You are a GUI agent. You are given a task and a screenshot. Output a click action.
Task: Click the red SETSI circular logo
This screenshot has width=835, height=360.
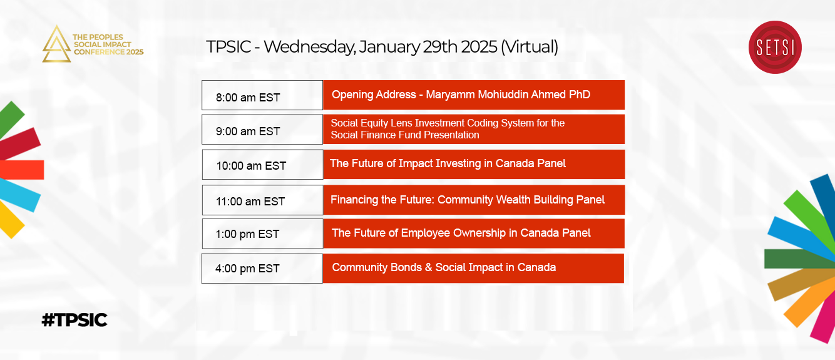pyautogui.click(x=775, y=48)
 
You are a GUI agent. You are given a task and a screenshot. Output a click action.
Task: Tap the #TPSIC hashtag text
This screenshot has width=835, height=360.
pyautogui.click(x=74, y=320)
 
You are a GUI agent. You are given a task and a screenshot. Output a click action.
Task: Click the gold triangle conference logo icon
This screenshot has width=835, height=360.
pyautogui.click(x=56, y=44)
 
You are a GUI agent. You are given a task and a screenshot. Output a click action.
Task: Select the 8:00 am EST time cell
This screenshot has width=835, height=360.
pyautogui.click(x=262, y=95)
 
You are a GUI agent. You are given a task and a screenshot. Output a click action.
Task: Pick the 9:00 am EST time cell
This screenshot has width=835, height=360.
pyautogui.click(x=262, y=130)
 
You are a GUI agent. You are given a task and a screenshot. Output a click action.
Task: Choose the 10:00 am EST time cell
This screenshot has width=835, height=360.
pyautogui.click(x=262, y=165)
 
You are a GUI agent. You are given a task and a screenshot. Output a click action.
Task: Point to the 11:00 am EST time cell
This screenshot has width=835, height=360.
pyautogui.click(x=262, y=200)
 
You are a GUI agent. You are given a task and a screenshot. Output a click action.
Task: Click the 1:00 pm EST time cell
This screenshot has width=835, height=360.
pyautogui.click(x=262, y=234)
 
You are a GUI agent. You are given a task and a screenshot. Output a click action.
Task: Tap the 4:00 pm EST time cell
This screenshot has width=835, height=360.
pyautogui.click(x=262, y=269)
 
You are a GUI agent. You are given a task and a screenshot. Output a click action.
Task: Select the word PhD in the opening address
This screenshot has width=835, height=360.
pyautogui.click(x=579, y=95)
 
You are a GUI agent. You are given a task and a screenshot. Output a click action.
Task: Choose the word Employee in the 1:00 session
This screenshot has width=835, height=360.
pyautogui.click(x=426, y=234)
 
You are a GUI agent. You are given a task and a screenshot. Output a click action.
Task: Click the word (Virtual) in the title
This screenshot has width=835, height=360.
pyautogui.click(x=530, y=48)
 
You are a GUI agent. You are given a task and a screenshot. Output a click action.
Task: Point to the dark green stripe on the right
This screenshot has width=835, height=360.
pyautogui.click(x=799, y=259)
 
